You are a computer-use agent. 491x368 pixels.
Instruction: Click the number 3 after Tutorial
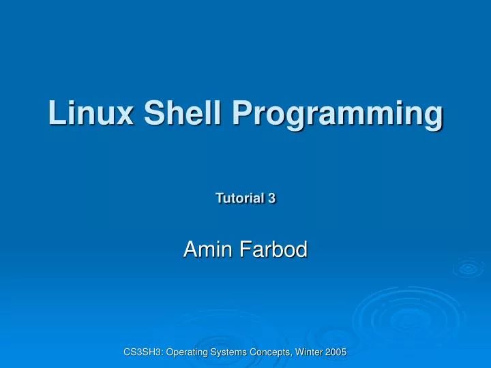(271, 198)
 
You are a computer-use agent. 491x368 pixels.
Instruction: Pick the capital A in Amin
(190, 250)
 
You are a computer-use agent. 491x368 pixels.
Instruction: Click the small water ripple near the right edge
(468, 267)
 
